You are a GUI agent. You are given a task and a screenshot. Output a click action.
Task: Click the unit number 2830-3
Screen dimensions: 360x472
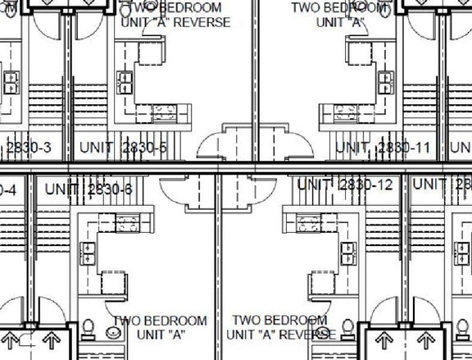(x=29, y=148)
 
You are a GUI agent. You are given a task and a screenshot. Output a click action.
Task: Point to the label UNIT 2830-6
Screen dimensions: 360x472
(x=88, y=189)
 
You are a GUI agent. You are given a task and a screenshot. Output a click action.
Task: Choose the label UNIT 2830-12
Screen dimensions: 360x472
(x=345, y=185)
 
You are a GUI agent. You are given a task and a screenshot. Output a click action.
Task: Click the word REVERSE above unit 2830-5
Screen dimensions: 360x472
(x=197, y=22)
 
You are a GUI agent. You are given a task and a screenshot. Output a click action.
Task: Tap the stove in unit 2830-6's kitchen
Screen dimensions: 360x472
(x=126, y=220)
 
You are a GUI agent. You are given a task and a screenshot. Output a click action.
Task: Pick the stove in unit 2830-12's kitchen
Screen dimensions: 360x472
(x=308, y=220)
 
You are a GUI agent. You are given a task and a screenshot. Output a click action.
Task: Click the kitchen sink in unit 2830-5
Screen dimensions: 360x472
(x=126, y=81)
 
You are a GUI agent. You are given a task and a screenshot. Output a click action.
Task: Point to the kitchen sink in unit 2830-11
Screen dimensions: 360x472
(x=384, y=81)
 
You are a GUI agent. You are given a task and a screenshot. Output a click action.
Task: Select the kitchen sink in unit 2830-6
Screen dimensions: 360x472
(x=87, y=252)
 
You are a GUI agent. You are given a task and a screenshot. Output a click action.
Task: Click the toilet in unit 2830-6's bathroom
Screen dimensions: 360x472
(x=88, y=329)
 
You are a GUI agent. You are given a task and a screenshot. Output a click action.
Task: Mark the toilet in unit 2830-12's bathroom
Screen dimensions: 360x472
(x=347, y=329)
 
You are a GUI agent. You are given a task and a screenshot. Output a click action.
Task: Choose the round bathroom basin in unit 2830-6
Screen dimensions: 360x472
(x=112, y=333)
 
